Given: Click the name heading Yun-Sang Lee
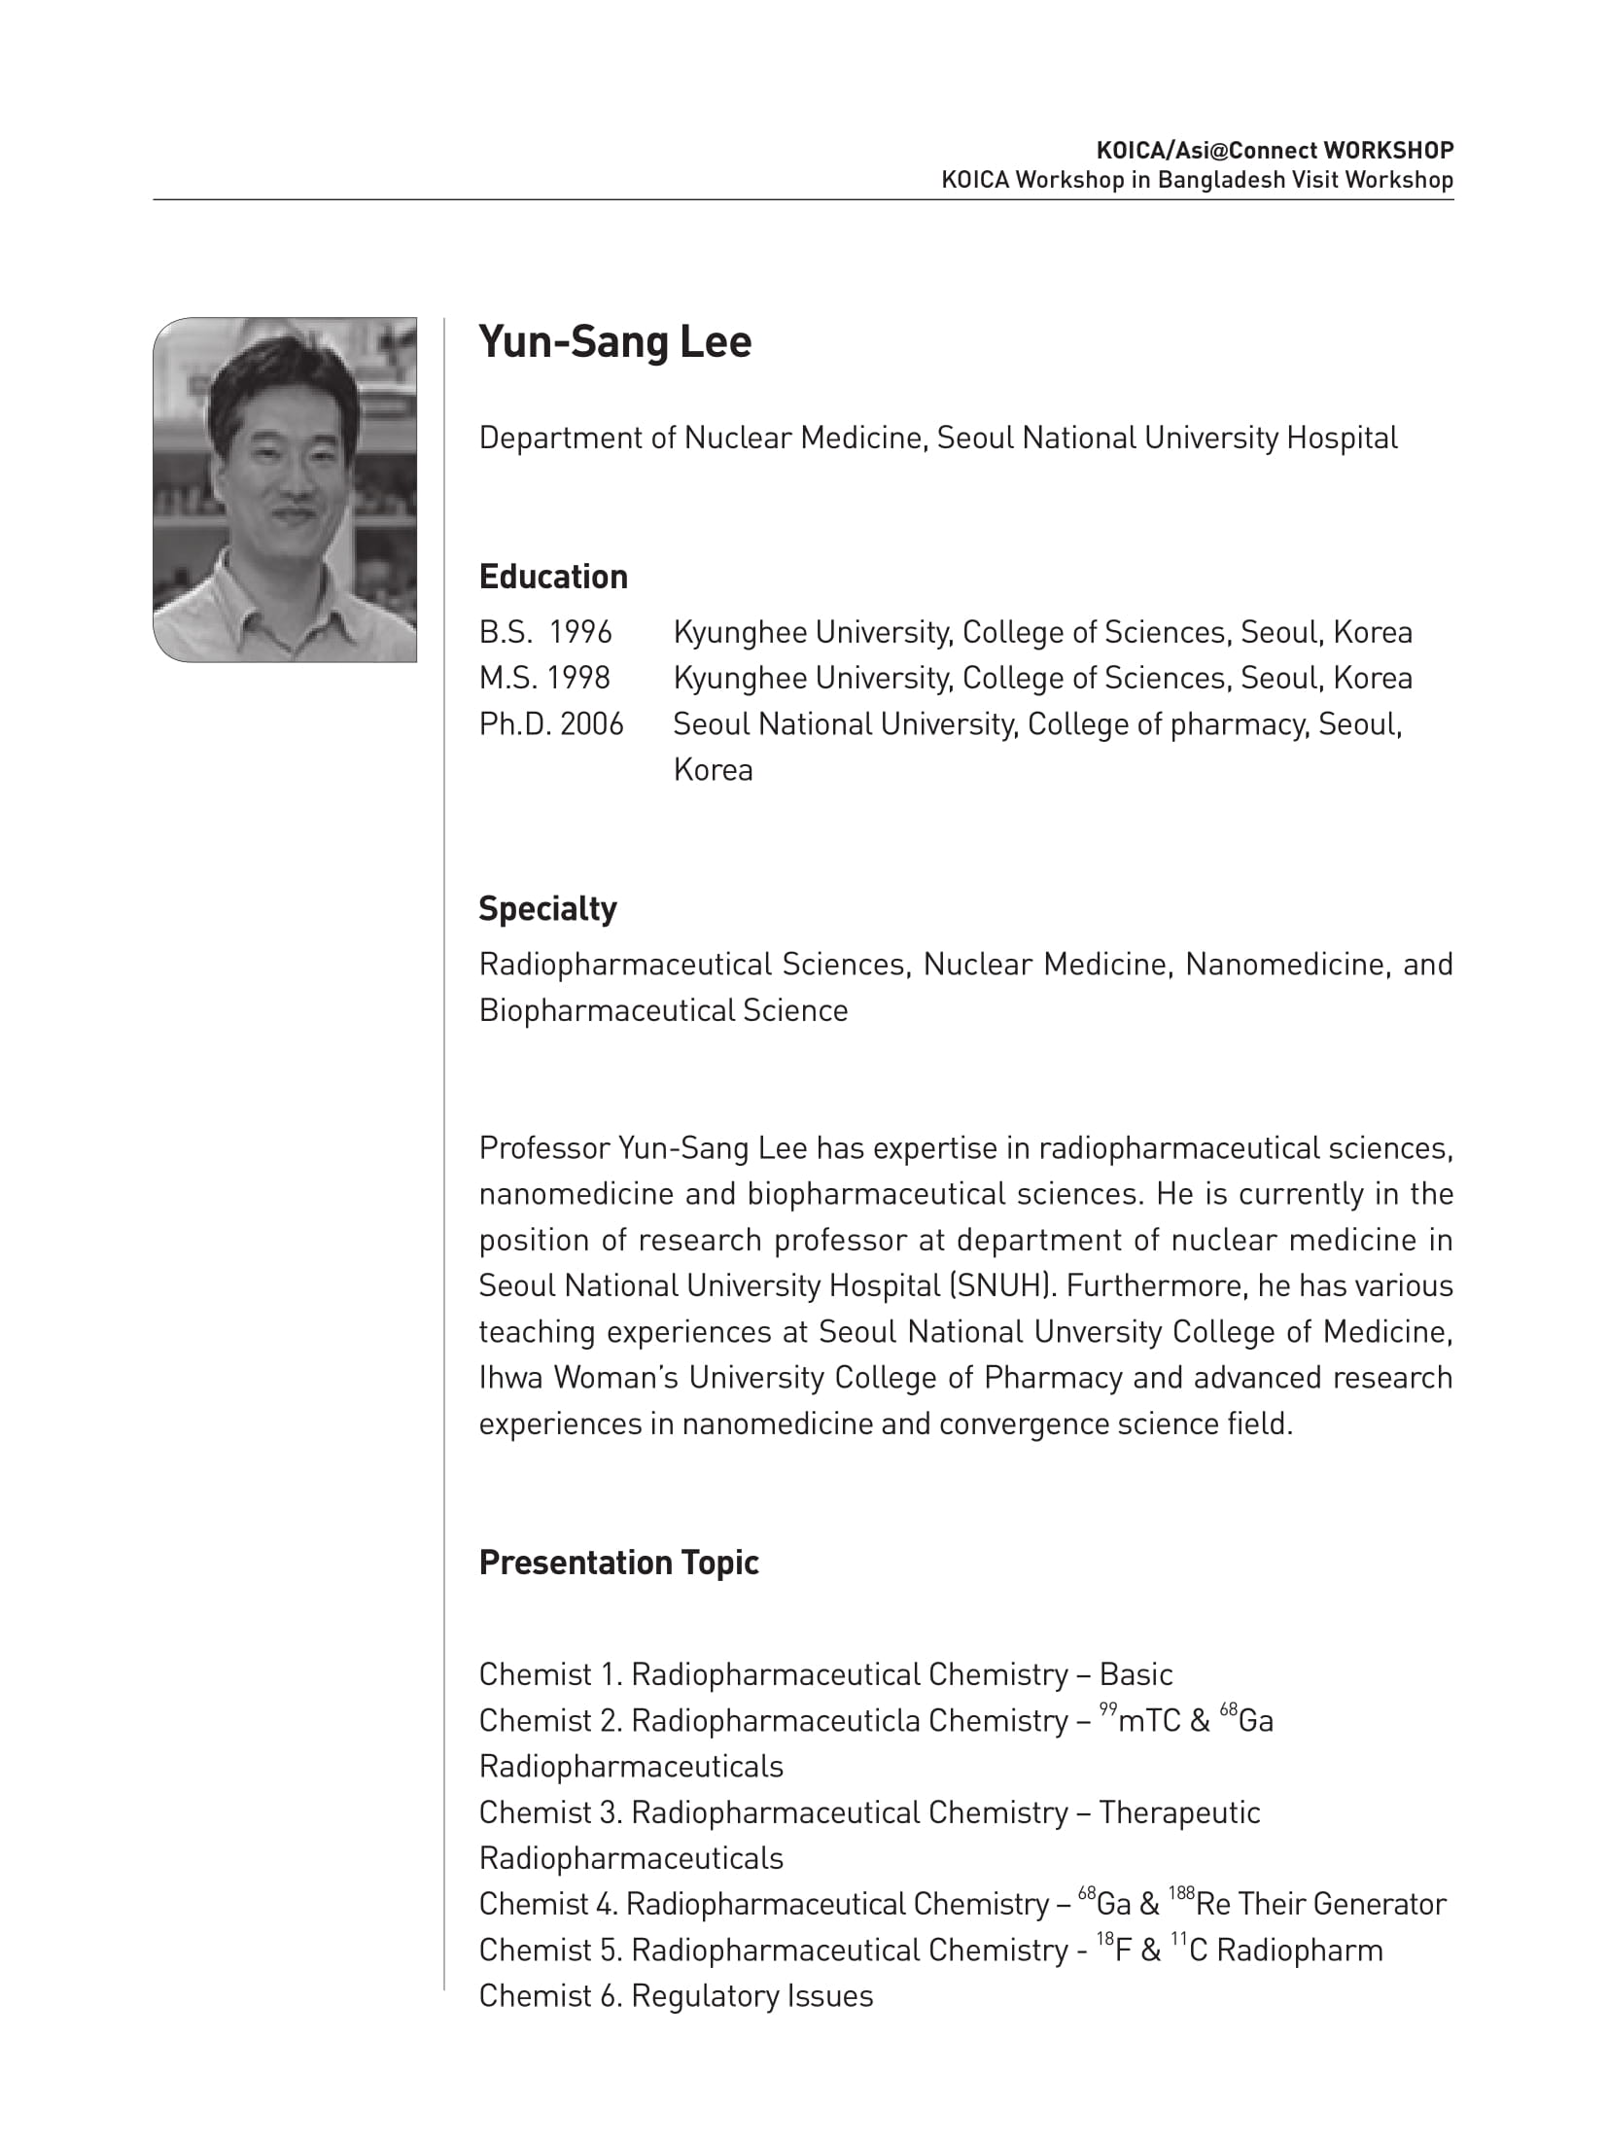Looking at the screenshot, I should click(x=614, y=342).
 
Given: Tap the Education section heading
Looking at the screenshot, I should click(x=553, y=577).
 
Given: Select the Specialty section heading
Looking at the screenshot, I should click(x=547, y=908).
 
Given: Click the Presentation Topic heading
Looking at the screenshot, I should click(x=618, y=1562).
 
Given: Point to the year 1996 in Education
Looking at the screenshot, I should click(x=580, y=633).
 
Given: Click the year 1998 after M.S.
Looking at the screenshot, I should click(x=578, y=678).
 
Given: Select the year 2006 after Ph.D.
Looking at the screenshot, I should click(x=592, y=724).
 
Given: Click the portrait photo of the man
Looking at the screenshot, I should click(x=285, y=489).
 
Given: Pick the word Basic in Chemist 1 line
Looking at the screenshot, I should click(x=1136, y=1674).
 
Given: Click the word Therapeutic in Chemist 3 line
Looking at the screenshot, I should click(x=1179, y=1812).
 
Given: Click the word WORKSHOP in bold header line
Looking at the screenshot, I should click(x=1388, y=151).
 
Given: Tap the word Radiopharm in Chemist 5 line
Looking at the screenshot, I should click(x=1299, y=1950).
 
